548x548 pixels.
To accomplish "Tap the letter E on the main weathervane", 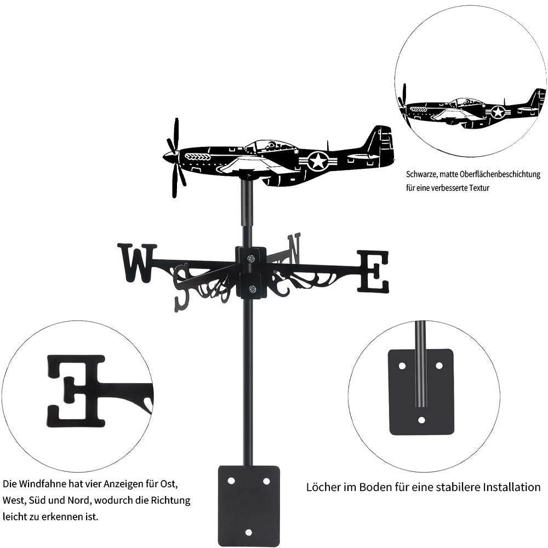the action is tap(373, 271).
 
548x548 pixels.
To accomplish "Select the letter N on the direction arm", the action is tap(294, 248).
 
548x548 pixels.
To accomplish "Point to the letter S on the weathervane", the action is tap(184, 286).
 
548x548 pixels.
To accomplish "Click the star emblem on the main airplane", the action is tap(318, 161).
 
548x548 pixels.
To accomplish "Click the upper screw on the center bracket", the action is tap(251, 259).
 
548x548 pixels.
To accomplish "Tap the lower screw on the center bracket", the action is tap(251, 289).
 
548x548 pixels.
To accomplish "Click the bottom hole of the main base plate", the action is tap(249, 532).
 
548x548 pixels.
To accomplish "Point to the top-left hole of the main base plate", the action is tap(231, 481).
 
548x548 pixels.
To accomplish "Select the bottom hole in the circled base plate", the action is tap(422, 420).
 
